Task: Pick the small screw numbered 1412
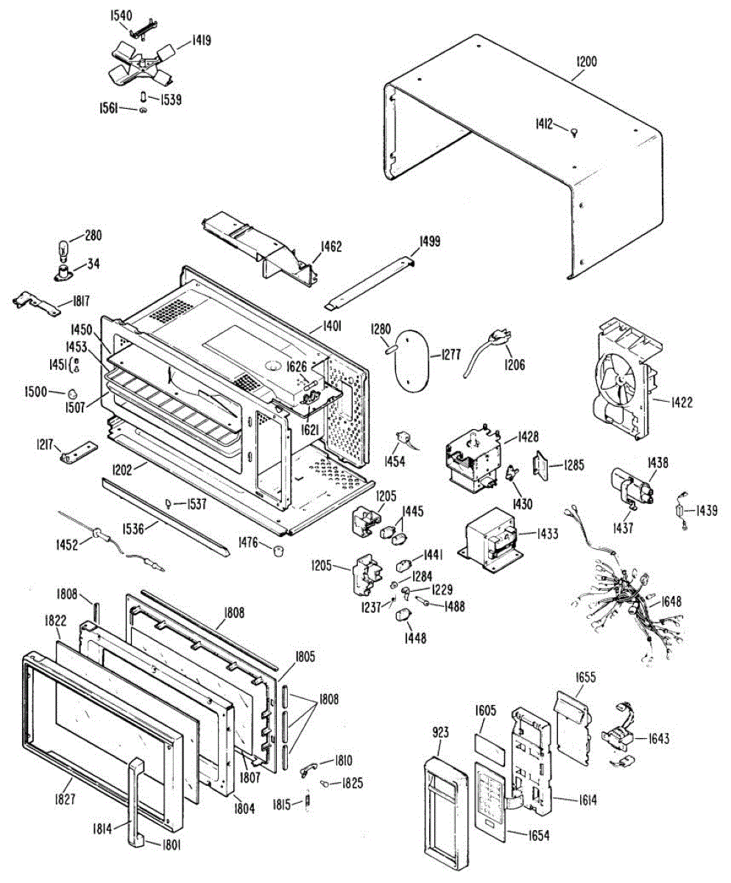click(573, 131)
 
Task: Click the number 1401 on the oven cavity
click(333, 329)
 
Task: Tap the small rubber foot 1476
click(278, 551)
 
